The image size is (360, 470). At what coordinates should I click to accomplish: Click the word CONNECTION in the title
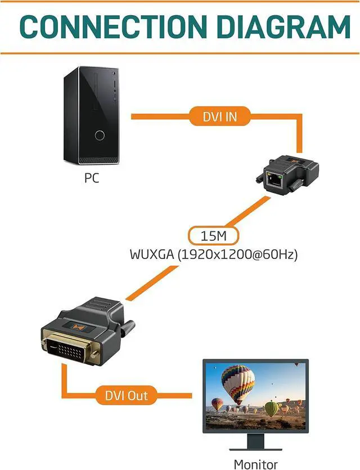pyautogui.click(x=108, y=26)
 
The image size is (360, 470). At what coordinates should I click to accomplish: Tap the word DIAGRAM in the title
pyautogui.click(x=283, y=26)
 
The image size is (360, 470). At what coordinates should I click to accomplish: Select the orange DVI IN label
pyautogui.click(x=220, y=116)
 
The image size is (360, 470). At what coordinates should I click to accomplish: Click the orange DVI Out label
pyautogui.click(x=127, y=395)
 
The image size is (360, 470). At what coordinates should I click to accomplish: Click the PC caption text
pyautogui.click(x=92, y=179)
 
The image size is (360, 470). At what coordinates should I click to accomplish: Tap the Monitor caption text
pyautogui.click(x=255, y=464)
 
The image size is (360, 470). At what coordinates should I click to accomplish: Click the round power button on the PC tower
pyautogui.click(x=100, y=135)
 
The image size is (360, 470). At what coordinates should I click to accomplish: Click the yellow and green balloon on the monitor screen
pyautogui.click(x=272, y=408)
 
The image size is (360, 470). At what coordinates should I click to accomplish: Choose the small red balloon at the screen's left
pyautogui.click(x=217, y=404)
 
